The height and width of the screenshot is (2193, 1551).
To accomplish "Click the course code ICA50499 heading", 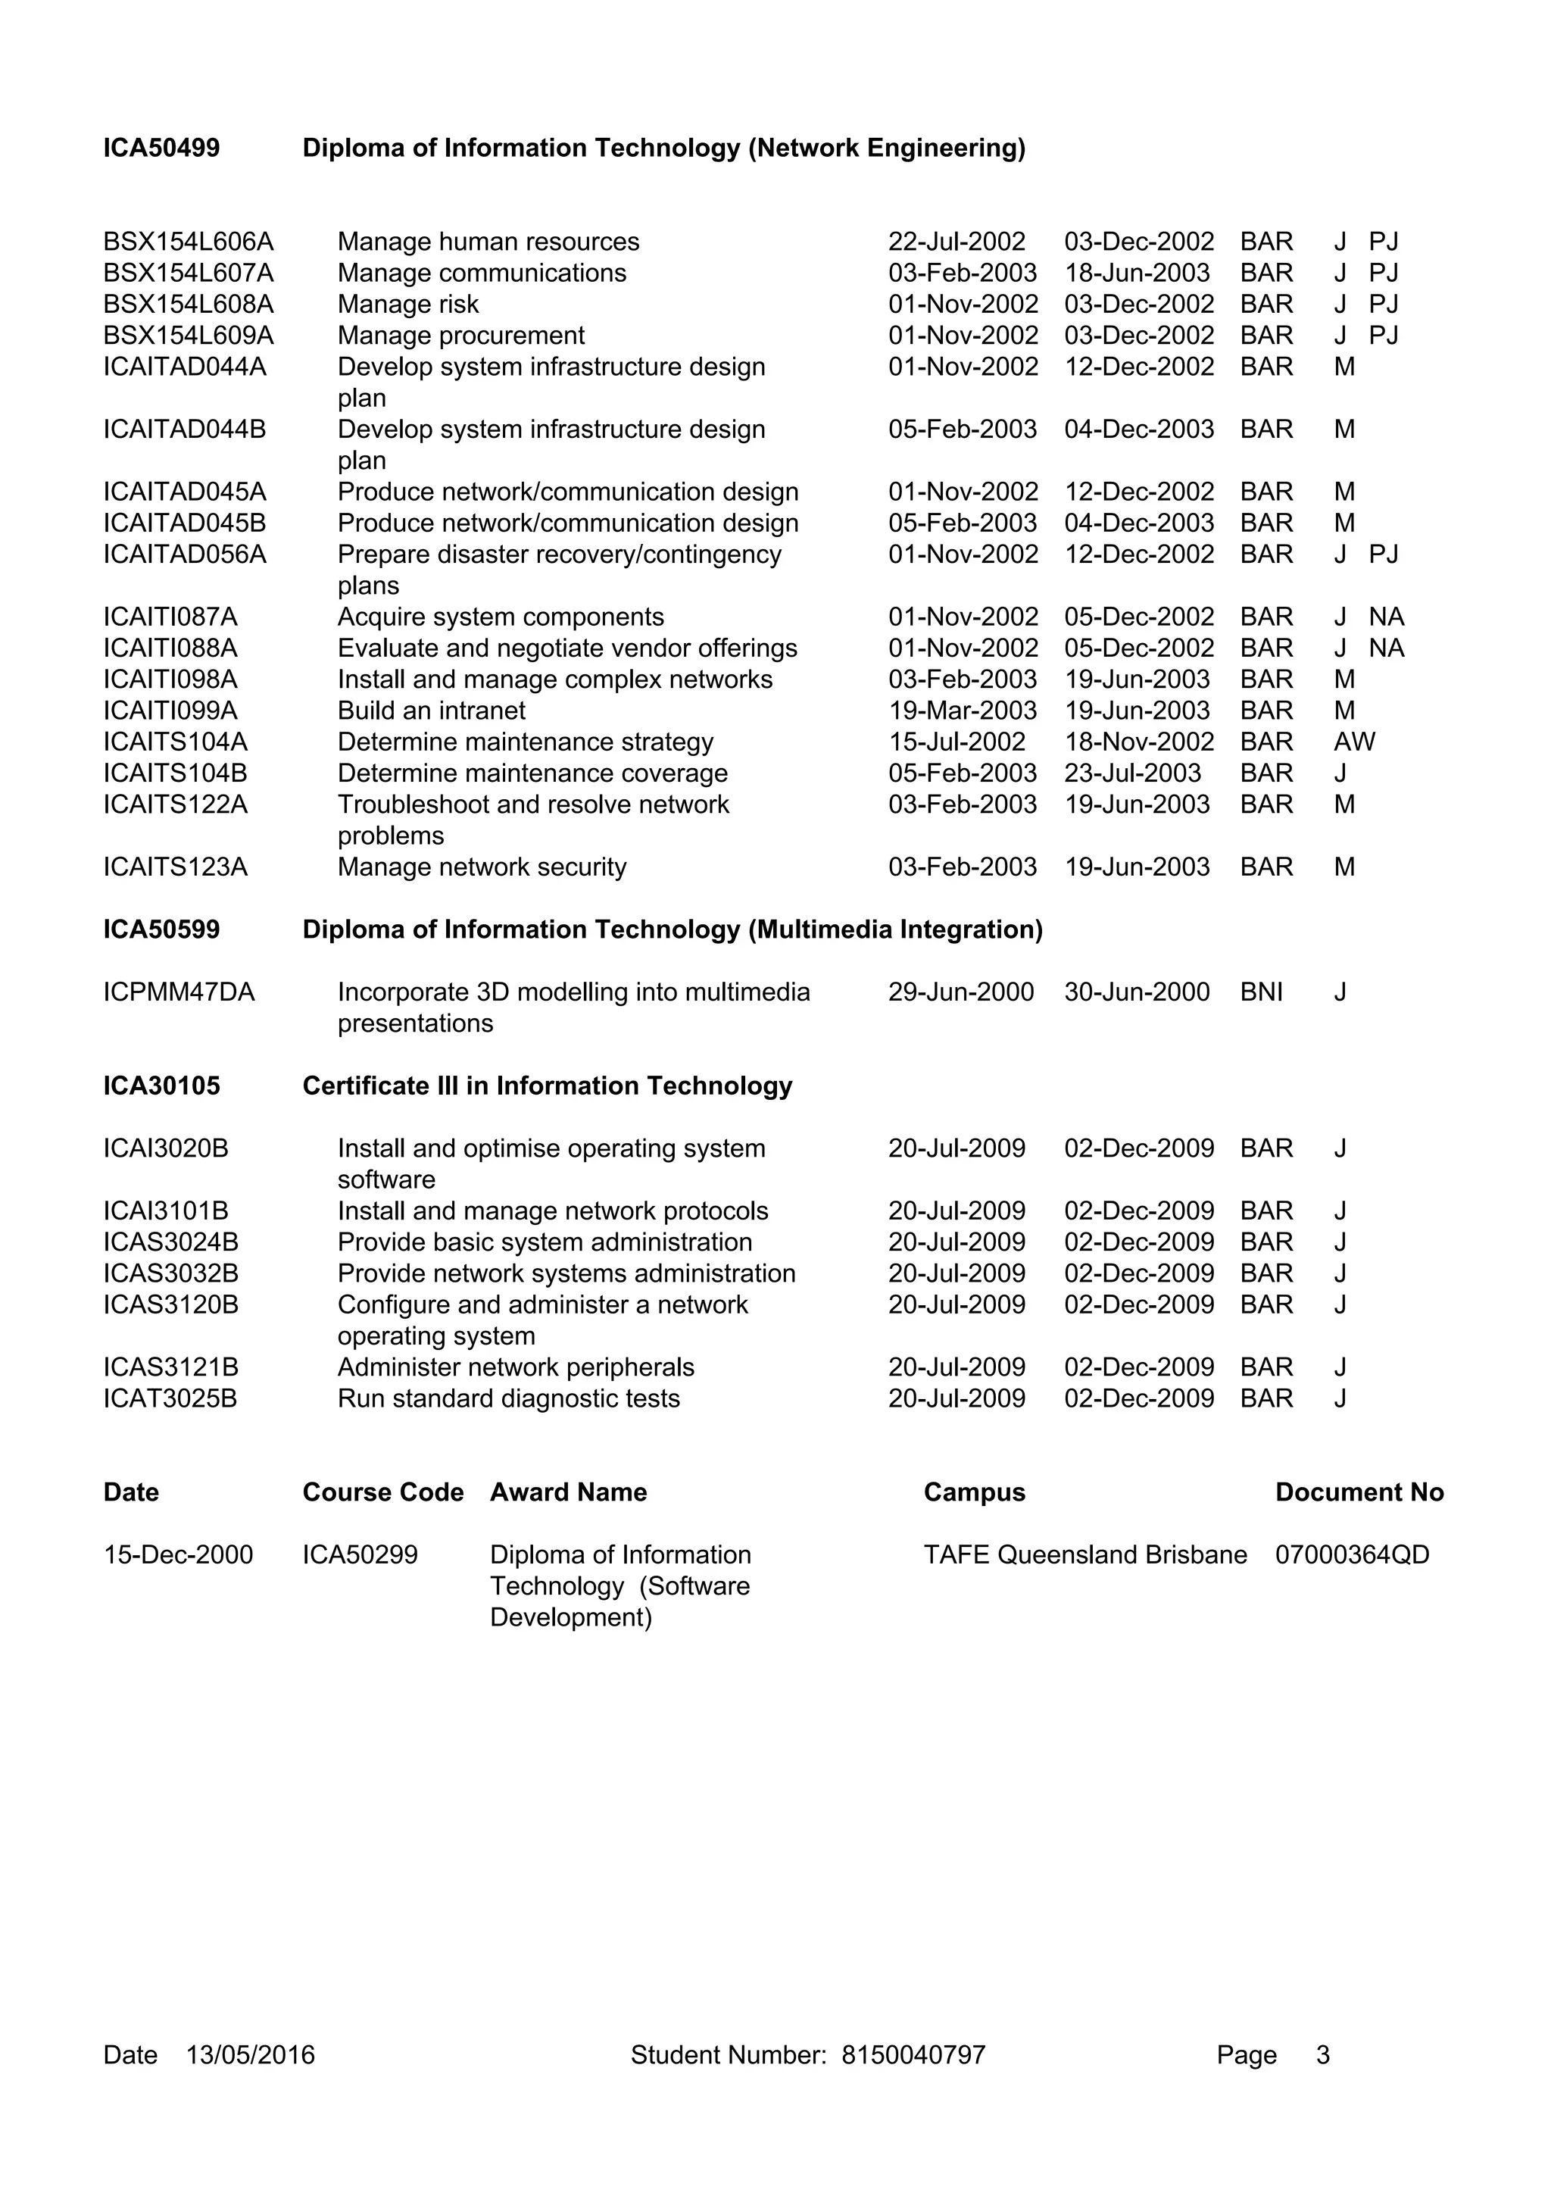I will click(161, 148).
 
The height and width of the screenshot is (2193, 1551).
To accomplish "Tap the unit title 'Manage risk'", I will click(407, 305).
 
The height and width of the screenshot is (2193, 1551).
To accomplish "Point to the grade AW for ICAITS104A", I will click(1354, 742).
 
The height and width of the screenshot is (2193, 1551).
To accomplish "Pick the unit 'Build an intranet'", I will click(431, 711).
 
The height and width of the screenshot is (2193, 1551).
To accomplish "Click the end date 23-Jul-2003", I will click(1133, 773).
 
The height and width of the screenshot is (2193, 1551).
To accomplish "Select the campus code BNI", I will click(1261, 992).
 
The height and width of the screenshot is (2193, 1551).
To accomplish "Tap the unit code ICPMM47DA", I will click(179, 992).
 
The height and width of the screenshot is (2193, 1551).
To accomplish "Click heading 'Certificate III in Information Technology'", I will click(548, 1086).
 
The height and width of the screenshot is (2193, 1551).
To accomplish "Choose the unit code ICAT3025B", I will click(170, 1398).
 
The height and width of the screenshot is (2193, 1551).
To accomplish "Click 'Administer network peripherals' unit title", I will click(516, 1368).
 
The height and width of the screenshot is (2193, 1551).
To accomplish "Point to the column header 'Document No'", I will click(1359, 1493).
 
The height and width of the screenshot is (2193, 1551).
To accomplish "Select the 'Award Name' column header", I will click(568, 1493).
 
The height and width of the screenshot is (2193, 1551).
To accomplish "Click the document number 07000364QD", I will click(1353, 1555).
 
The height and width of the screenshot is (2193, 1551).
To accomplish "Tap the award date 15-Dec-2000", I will click(178, 1555).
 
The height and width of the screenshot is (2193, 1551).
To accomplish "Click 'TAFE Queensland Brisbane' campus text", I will click(1085, 1555).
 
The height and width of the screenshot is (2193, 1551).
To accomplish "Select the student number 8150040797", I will click(913, 2055).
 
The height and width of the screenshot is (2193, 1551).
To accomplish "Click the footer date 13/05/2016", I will click(250, 2055).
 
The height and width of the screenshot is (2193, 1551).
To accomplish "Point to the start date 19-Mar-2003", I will click(962, 711).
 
